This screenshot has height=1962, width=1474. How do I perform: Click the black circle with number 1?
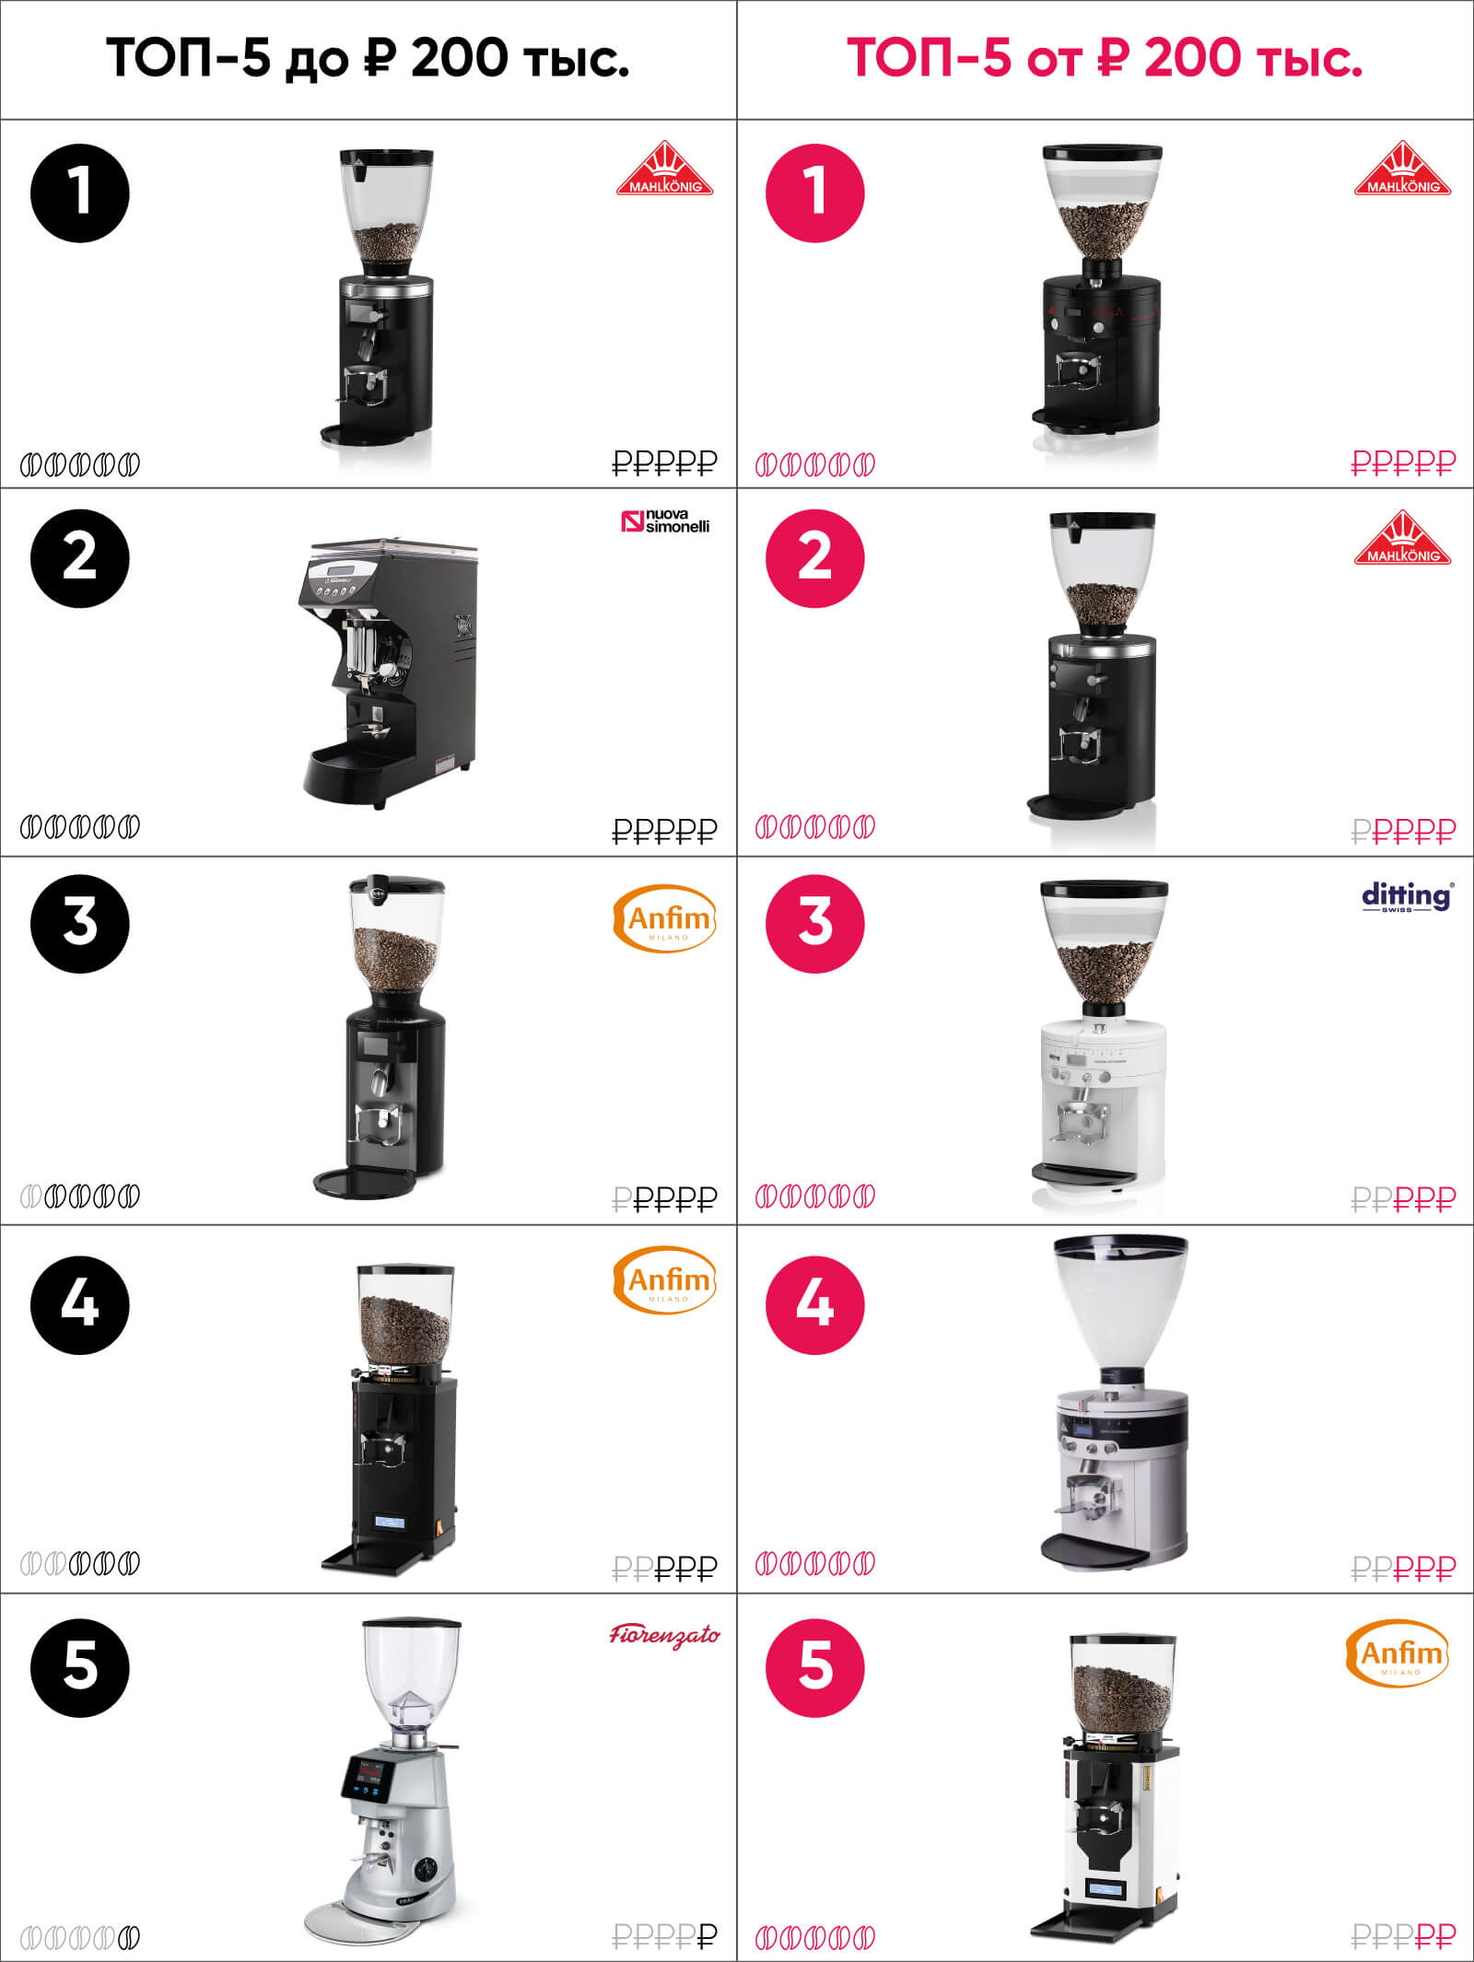click(80, 193)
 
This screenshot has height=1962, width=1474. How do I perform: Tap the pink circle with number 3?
click(815, 923)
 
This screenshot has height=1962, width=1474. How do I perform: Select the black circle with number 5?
click(80, 1667)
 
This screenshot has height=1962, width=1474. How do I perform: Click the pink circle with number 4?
click(815, 1304)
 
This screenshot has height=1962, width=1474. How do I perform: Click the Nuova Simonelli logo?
click(666, 522)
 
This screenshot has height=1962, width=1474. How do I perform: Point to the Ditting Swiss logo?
click(1408, 896)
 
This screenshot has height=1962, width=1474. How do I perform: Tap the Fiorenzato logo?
click(664, 1635)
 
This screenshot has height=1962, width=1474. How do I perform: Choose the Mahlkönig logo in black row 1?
click(665, 168)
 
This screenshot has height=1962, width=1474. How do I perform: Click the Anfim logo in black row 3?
click(664, 918)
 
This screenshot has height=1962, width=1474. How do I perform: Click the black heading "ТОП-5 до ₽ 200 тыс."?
click(368, 58)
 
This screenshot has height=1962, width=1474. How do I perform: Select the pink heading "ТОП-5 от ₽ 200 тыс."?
click(1105, 58)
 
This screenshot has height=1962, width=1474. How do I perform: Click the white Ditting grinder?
click(1103, 1041)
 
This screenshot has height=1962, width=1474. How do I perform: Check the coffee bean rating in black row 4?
click(80, 1563)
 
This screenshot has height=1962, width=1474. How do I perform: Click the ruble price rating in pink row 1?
click(1403, 462)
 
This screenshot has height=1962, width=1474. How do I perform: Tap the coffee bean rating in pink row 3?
click(815, 1197)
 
